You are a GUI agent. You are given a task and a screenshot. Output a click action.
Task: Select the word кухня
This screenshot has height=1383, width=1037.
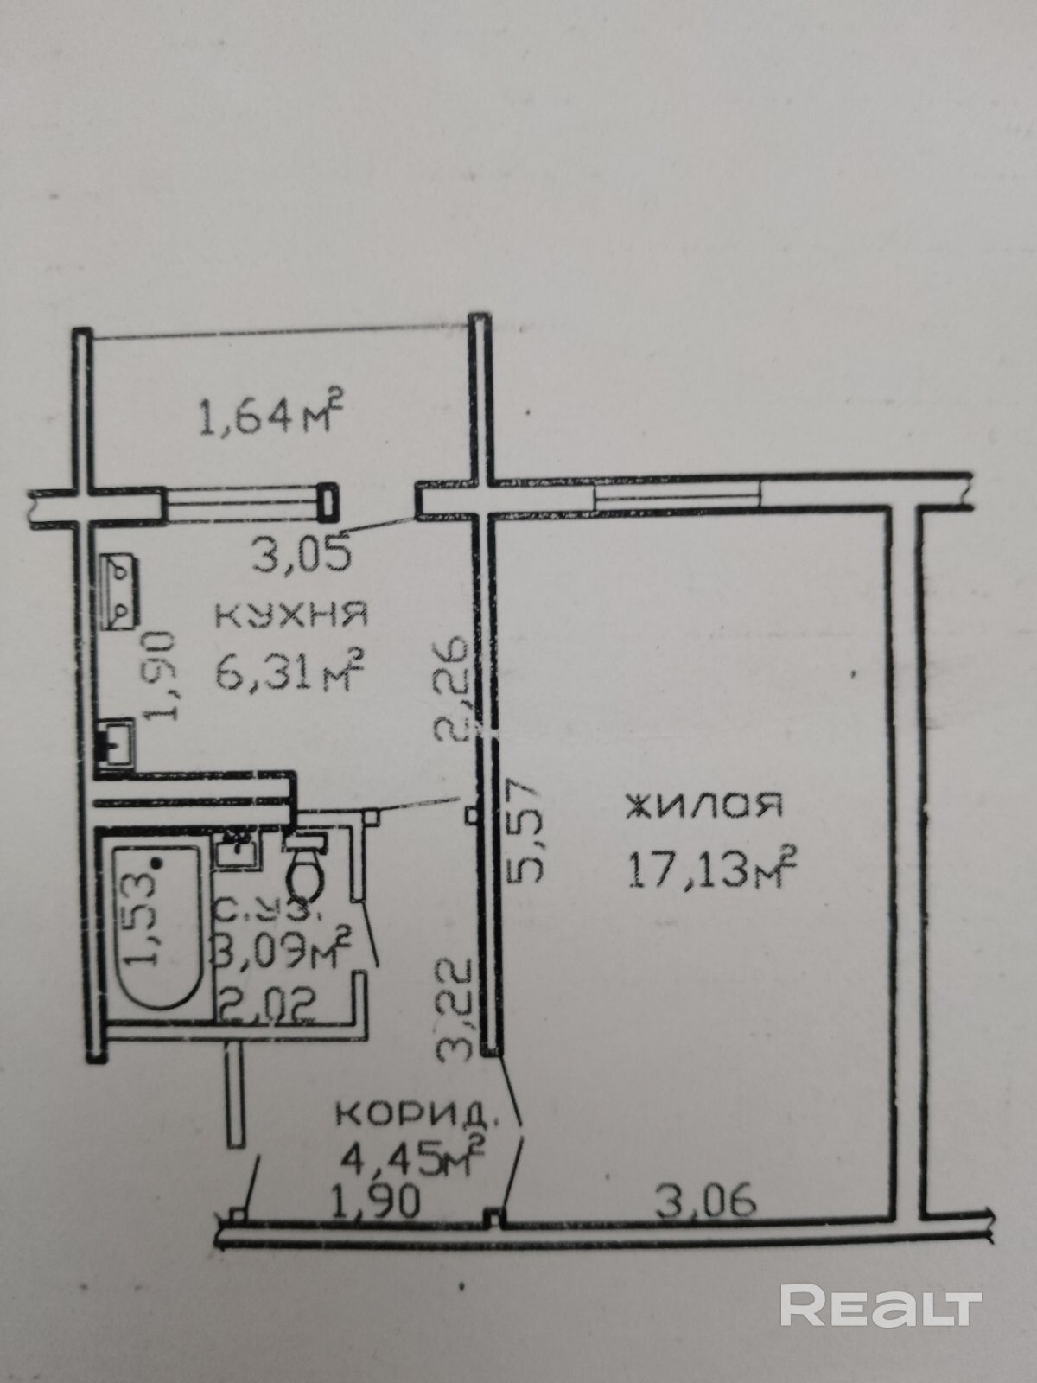click(x=291, y=615)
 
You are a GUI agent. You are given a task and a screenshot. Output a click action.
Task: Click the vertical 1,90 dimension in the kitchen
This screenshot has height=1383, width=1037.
click(x=162, y=676)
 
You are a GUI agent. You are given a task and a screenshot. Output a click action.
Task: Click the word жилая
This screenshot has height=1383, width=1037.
click(x=704, y=806)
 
